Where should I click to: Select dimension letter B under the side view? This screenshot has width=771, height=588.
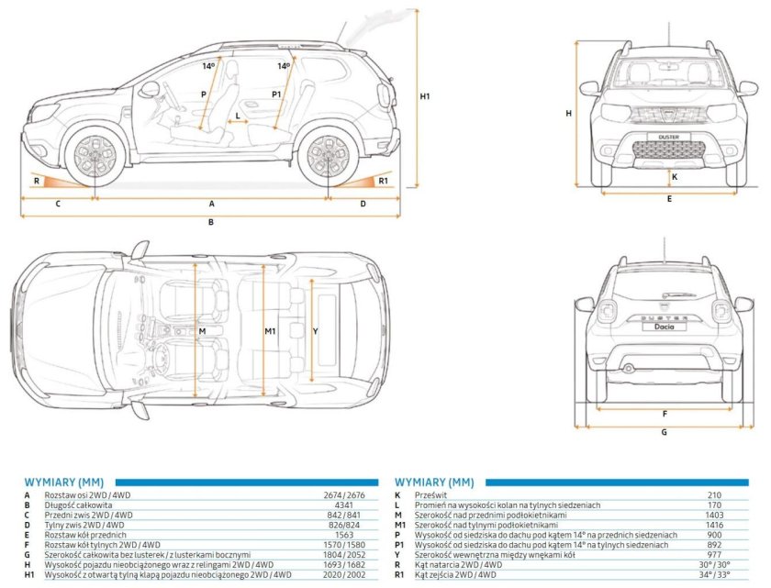click(210, 222)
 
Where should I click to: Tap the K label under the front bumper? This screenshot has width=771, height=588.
click(675, 176)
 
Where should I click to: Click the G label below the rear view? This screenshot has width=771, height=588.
click(665, 431)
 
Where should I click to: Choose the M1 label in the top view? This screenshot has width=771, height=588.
click(271, 330)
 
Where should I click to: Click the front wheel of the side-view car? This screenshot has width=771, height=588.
click(95, 156)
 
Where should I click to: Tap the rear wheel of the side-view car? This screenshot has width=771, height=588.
click(329, 156)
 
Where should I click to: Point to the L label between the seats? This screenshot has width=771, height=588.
click(239, 116)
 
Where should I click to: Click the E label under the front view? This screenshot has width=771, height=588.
click(669, 198)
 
